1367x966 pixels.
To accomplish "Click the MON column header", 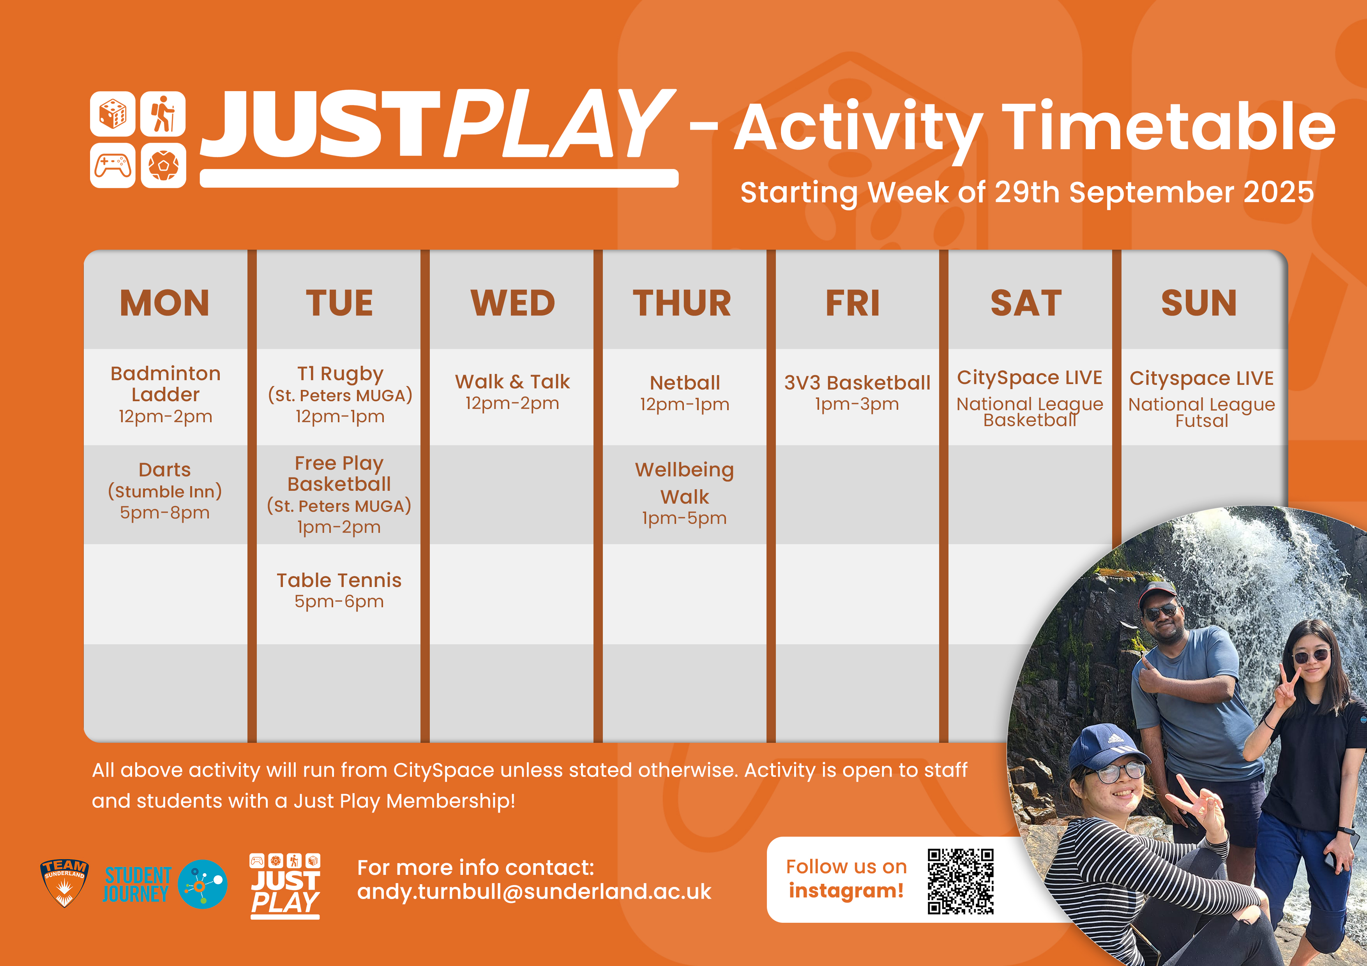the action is [165, 303].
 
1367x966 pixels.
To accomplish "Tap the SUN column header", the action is [1199, 303].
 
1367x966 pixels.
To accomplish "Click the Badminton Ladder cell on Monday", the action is [166, 395].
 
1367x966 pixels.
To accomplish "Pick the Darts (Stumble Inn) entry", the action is [165, 491].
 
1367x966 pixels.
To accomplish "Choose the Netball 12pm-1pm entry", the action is [685, 393].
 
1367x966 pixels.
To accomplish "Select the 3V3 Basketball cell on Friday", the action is [857, 393].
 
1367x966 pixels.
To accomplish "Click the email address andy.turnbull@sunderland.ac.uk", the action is [534, 892].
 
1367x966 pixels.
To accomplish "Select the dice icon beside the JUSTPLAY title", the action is [113, 114].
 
